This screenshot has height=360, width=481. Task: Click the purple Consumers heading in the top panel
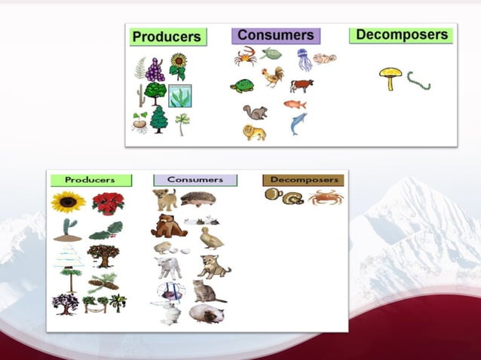pyautogui.click(x=275, y=35)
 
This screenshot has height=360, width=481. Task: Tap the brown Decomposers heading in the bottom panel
pyautogui.click(x=302, y=180)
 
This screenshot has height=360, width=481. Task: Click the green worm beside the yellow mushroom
pyautogui.click(x=418, y=80)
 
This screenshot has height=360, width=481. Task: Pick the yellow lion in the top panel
pyautogui.click(x=254, y=133)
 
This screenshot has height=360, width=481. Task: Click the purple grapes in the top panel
pyautogui.click(x=155, y=70)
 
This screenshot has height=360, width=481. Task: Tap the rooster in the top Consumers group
pyautogui.click(x=272, y=77)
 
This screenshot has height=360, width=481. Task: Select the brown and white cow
pyautogui.click(x=302, y=85)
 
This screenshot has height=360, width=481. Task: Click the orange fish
pyautogui.click(x=295, y=104)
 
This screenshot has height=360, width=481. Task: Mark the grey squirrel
pyautogui.click(x=255, y=112)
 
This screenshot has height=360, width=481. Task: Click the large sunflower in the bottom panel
pyautogui.click(x=68, y=202)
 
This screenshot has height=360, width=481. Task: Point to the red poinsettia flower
pyautogui.click(x=108, y=203)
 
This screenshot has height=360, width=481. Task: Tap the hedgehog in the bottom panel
pyautogui.click(x=198, y=199)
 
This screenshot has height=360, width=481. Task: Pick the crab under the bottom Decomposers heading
pyautogui.click(x=325, y=197)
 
